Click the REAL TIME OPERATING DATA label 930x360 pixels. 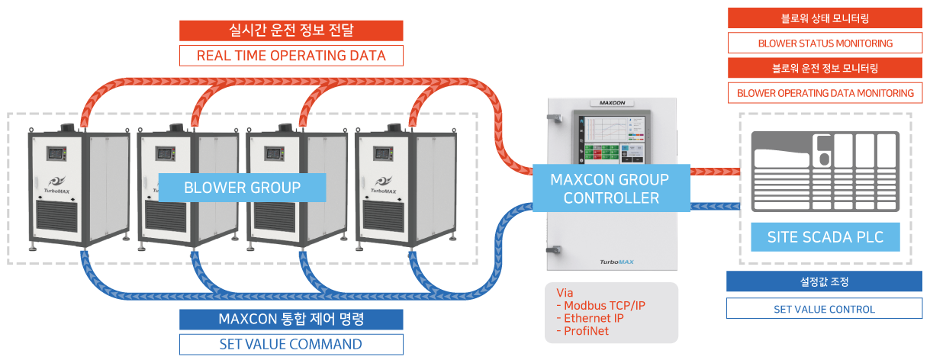pos(291,56)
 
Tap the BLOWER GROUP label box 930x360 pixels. pos(242,188)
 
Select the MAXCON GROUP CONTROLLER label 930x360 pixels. pos(610,188)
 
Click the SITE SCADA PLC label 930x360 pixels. pos(825,237)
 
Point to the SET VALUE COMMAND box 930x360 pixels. pos(291,344)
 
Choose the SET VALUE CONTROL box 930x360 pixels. pos(824,309)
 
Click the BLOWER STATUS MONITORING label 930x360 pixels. pos(825,43)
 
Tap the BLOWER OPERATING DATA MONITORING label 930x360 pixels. pos(825,93)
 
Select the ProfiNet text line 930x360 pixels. pos(587,330)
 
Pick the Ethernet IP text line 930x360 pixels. pos(594,318)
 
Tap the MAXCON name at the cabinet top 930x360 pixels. pos(612,102)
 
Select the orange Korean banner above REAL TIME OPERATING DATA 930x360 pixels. pos(291,31)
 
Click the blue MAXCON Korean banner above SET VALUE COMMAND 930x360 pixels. pos(291,320)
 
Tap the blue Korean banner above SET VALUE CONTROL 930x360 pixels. pos(824,281)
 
